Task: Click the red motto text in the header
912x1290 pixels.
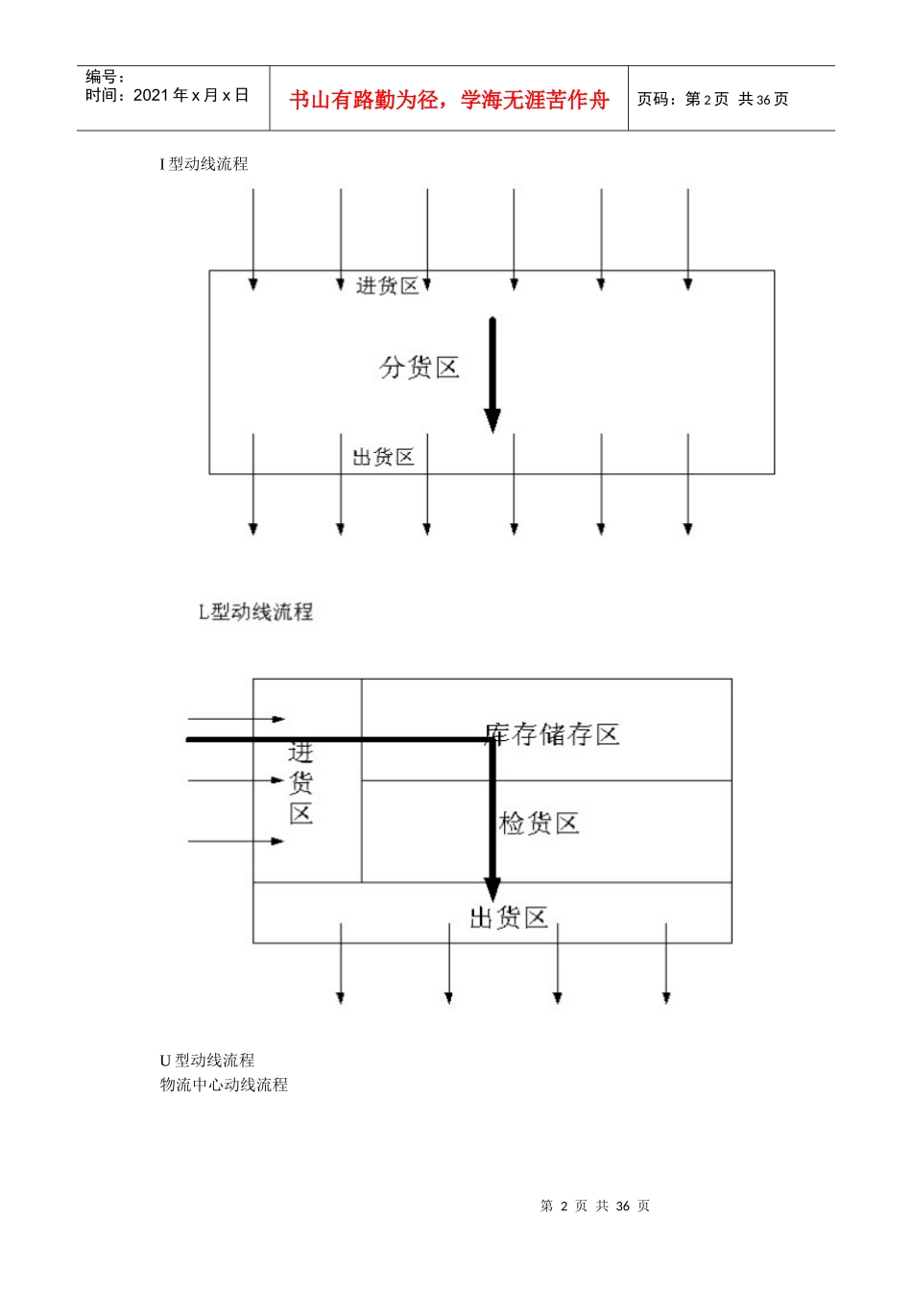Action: [448, 100]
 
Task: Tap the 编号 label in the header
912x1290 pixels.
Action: [105, 77]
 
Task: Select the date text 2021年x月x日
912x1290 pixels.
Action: [167, 95]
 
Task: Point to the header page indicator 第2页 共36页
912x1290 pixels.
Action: [713, 99]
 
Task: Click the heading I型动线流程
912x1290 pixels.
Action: [204, 164]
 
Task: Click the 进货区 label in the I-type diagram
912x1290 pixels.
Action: [387, 286]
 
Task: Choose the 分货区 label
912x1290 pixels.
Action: [420, 368]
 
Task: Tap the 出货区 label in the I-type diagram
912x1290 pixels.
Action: [383, 457]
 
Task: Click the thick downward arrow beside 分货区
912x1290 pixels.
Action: [492, 374]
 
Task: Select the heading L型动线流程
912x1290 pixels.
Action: [255, 611]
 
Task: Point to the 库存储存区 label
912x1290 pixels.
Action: [552, 735]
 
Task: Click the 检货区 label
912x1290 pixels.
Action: [540, 824]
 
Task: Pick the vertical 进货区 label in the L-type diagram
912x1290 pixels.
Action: [301, 783]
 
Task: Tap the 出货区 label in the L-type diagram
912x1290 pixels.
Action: [508, 919]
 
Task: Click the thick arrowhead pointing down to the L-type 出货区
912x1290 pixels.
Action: [492, 891]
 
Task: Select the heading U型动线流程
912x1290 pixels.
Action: [207, 1061]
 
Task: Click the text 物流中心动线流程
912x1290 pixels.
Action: [224, 1085]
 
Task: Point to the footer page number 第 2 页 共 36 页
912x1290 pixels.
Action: [595, 1206]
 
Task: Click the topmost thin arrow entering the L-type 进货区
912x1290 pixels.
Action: [236, 719]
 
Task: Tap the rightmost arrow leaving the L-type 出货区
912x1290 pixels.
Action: [666, 965]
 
